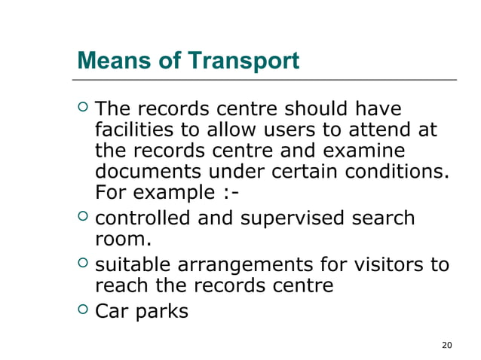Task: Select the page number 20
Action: [446, 345]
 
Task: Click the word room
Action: [122, 241]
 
